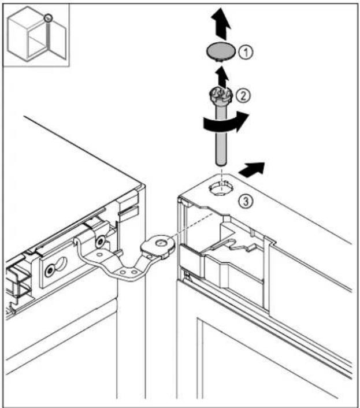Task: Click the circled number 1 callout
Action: click(246, 52)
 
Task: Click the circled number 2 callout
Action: click(243, 95)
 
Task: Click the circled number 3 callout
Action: click(245, 201)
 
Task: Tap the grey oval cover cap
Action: click(221, 51)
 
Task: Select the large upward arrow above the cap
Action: click(221, 24)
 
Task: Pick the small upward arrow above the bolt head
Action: click(222, 77)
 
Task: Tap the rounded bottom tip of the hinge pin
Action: click(221, 163)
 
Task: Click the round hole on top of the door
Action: click(221, 188)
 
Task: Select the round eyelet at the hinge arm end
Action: click(161, 243)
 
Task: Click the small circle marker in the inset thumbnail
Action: click(48, 18)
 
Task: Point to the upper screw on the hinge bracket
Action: click(100, 242)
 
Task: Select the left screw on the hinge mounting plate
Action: click(50, 271)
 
